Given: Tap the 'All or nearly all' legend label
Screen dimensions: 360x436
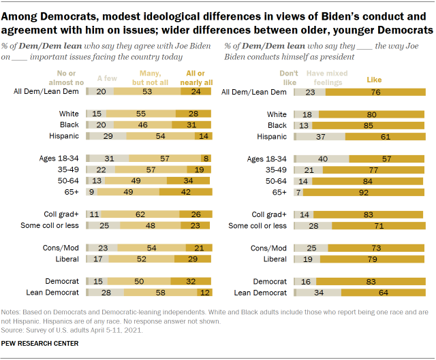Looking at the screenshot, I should (185, 79).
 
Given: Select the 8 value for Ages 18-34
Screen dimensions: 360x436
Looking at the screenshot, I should (206, 158).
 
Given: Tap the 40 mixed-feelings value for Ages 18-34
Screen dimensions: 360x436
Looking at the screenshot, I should (323, 158).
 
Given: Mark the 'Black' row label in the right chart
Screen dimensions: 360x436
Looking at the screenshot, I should (277, 125).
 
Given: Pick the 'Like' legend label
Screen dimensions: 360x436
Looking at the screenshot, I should (375, 80).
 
